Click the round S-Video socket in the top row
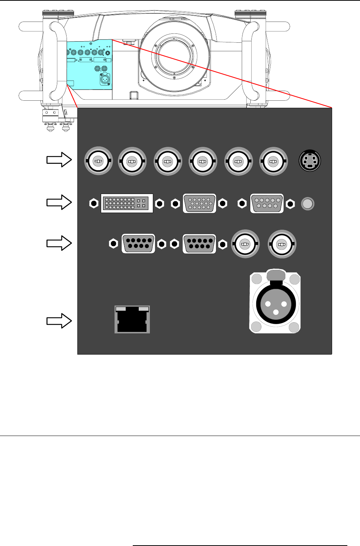tap(310, 161)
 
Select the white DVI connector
tap(127, 203)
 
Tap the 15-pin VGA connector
tap(200, 203)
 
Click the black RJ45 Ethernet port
tap(132, 320)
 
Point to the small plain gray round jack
tap(308, 204)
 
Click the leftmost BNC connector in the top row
tap(98, 161)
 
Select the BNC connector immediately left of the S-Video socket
tap(273, 161)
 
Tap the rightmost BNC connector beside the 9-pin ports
tap(282, 244)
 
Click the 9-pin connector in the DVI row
tap(267, 203)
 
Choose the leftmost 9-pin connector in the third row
tap(138, 244)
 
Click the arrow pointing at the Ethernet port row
tap(59, 321)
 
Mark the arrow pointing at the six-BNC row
tap(59, 160)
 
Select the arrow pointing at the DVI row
tap(59, 203)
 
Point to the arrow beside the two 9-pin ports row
tap(59, 243)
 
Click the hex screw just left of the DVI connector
tap(94, 203)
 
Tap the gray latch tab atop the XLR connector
tap(276, 275)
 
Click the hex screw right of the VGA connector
tap(223, 203)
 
